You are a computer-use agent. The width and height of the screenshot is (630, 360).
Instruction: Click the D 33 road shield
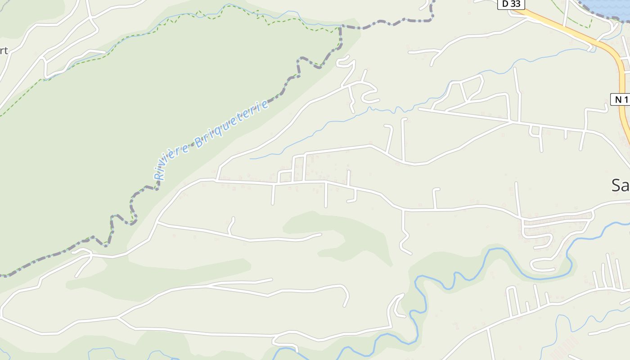click(x=511, y=4)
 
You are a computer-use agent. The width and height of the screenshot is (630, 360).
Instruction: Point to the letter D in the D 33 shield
click(x=506, y=4)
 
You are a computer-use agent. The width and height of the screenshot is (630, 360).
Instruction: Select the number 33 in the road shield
click(x=515, y=4)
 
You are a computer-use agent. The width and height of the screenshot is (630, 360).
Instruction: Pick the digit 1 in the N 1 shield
click(x=625, y=99)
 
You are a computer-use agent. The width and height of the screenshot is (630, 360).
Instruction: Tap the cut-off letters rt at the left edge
click(x=4, y=51)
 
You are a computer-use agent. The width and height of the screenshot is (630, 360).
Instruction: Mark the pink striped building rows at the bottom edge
click(x=562, y=347)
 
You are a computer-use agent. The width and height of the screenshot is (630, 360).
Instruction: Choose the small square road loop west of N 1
click(x=535, y=130)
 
